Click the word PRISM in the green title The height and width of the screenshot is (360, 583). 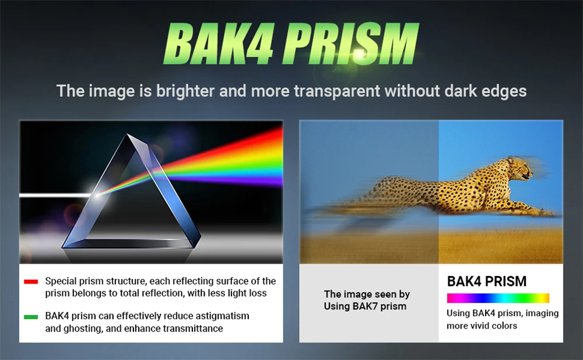[x=350, y=44]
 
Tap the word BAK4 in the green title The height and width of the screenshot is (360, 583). [x=219, y=44]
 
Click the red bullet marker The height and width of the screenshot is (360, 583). [x=31, y=281]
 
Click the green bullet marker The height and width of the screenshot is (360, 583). [x=31, y=317]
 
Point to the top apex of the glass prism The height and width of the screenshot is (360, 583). [x=128, y=135]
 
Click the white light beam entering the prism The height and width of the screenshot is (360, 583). [x=56, y=195]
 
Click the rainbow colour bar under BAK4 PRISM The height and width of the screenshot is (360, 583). [x=498, y=298]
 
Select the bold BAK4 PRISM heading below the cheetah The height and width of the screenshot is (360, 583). [x=487, y=281]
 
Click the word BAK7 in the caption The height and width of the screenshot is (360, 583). [x=366, y=306]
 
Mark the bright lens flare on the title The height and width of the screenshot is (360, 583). [x=359, y=54]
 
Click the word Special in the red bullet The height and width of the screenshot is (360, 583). [x=61, y=281]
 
